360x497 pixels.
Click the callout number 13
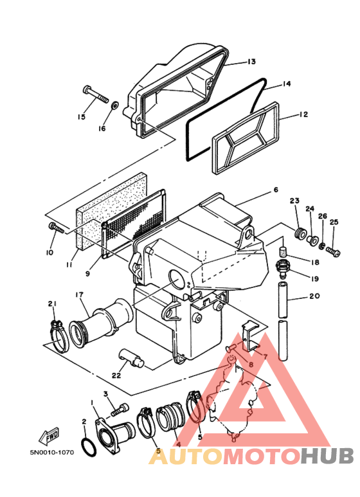point(251,62)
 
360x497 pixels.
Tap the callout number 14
point(287,84)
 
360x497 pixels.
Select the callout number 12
point(303,114)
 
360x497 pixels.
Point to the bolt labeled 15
point(96,94)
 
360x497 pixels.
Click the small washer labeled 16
point(114,105)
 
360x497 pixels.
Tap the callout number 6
point(276,190)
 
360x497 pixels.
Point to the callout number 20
point(314,296)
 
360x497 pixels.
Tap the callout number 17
point(79,295)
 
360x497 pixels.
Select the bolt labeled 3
point(120,409)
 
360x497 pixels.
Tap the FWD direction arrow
point(49,436)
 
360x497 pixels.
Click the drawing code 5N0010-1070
point(52,452)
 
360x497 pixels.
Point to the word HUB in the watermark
point(327,456)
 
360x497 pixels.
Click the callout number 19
point(315,279)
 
